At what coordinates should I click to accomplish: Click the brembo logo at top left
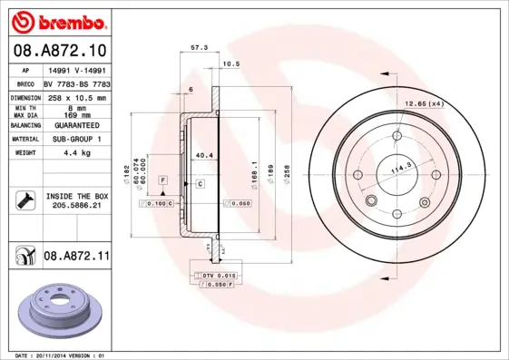tap(57, 20)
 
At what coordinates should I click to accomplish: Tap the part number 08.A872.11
tap(76, 257)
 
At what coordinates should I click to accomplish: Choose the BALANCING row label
tap(24, 125)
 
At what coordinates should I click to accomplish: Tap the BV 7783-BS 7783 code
tap(76, 83)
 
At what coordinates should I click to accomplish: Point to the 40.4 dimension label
tap(204, 156)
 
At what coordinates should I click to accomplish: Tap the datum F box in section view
tap(162, 181)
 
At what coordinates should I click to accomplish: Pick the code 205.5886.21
tap(76, 206)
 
